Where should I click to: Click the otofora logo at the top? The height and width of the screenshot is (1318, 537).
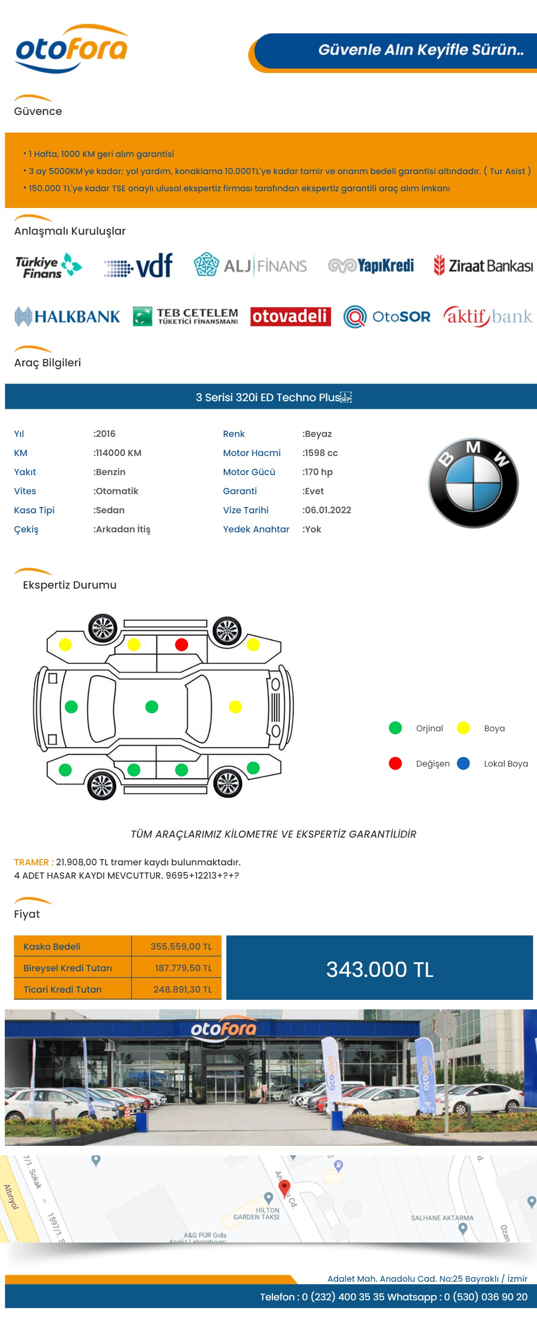click(x=72, y=49)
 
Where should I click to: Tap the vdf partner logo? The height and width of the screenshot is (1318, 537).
click(x=138, y=266)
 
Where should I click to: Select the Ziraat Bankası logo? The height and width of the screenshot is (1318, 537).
click(x=483, y=266)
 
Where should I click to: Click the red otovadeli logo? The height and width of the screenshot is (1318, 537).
click(x=290, y=316)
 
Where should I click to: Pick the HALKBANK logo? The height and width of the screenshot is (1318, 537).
click(x=67, y=316)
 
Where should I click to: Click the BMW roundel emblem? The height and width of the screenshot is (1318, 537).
click(x=473, y=482)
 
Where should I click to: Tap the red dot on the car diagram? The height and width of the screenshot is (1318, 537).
click(x=181, y=644)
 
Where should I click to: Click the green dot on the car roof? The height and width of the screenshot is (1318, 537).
click(x=151, y=706)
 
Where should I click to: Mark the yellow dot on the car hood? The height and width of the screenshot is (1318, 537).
click(x=235, y=706)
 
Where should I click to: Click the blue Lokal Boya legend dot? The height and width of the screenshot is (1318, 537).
click(x=463, y=763)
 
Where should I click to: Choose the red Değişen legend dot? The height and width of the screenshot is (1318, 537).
click(x=395, y=763)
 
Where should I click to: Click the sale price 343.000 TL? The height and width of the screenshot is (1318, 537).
click(x=380, y=969)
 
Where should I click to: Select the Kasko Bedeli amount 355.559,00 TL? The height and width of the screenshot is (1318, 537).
click(x=181, y=946)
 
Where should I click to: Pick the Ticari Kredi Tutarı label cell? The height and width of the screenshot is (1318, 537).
click(x=73, y=989)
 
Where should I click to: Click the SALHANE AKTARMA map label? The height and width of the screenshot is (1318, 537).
click(x=442, y=1218)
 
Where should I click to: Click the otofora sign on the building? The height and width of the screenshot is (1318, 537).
click(x=223, y=1028)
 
